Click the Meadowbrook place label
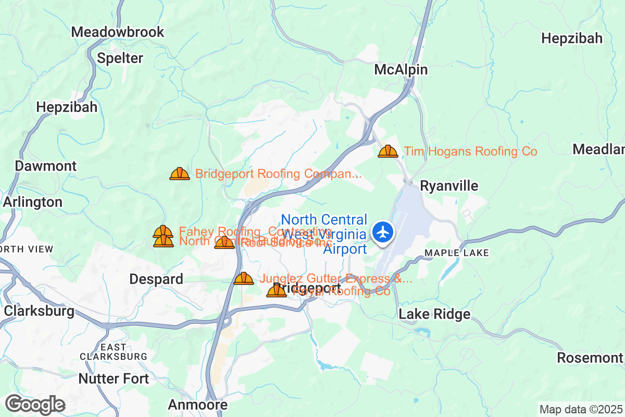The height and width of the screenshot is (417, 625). point(118,32)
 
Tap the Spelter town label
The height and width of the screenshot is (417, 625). point(120,58)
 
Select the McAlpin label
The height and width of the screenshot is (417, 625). point(401,70)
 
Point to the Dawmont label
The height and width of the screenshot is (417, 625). point(46,166)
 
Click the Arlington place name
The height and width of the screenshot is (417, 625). point(33,202)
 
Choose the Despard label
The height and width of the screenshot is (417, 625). point(156,279)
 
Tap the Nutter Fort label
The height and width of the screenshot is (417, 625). point(114,378)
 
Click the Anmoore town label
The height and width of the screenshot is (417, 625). point(198,405)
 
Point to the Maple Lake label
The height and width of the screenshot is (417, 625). point(457,253)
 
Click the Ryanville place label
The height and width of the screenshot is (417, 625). point(442,186)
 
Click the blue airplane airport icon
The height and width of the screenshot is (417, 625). point(383,232)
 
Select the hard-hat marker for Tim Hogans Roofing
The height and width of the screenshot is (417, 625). point(388,151)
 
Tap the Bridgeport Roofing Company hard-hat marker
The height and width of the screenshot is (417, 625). point(180,174)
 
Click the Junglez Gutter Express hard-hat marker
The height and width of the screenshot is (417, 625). point(244,278)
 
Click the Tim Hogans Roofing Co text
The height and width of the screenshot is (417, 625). point(471,152)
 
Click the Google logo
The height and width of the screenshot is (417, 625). point(35,404)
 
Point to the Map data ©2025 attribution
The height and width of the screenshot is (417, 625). point(581,409)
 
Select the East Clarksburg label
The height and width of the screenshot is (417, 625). point(114,352)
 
